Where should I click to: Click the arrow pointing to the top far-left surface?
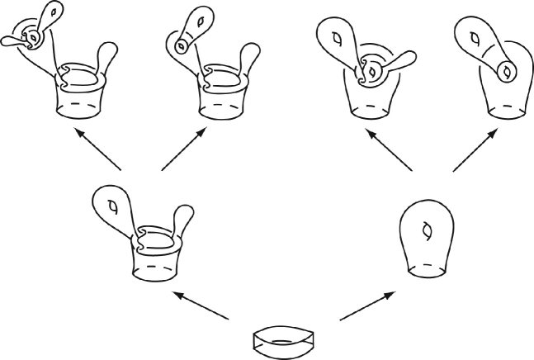pos(97,149)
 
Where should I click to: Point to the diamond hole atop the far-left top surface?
pos(56,12)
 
